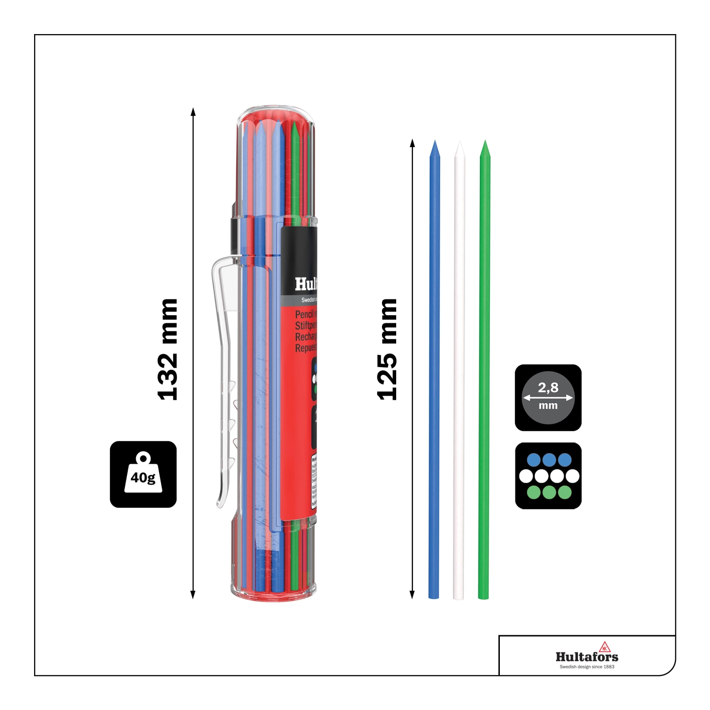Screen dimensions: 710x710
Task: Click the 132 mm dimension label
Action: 168,349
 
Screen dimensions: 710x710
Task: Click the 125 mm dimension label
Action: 387,349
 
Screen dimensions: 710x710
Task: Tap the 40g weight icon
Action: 143,474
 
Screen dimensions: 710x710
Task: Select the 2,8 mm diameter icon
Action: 548,398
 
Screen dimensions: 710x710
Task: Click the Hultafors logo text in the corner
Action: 587,657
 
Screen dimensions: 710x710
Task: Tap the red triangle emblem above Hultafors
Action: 604,647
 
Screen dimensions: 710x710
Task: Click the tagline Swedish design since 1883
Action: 587,667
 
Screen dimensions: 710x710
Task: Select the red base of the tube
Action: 273,594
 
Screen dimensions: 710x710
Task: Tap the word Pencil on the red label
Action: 304,315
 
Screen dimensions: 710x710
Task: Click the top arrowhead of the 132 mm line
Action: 193,112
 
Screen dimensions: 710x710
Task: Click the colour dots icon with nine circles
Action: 548,476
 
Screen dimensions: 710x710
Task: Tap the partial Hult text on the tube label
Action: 305,284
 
